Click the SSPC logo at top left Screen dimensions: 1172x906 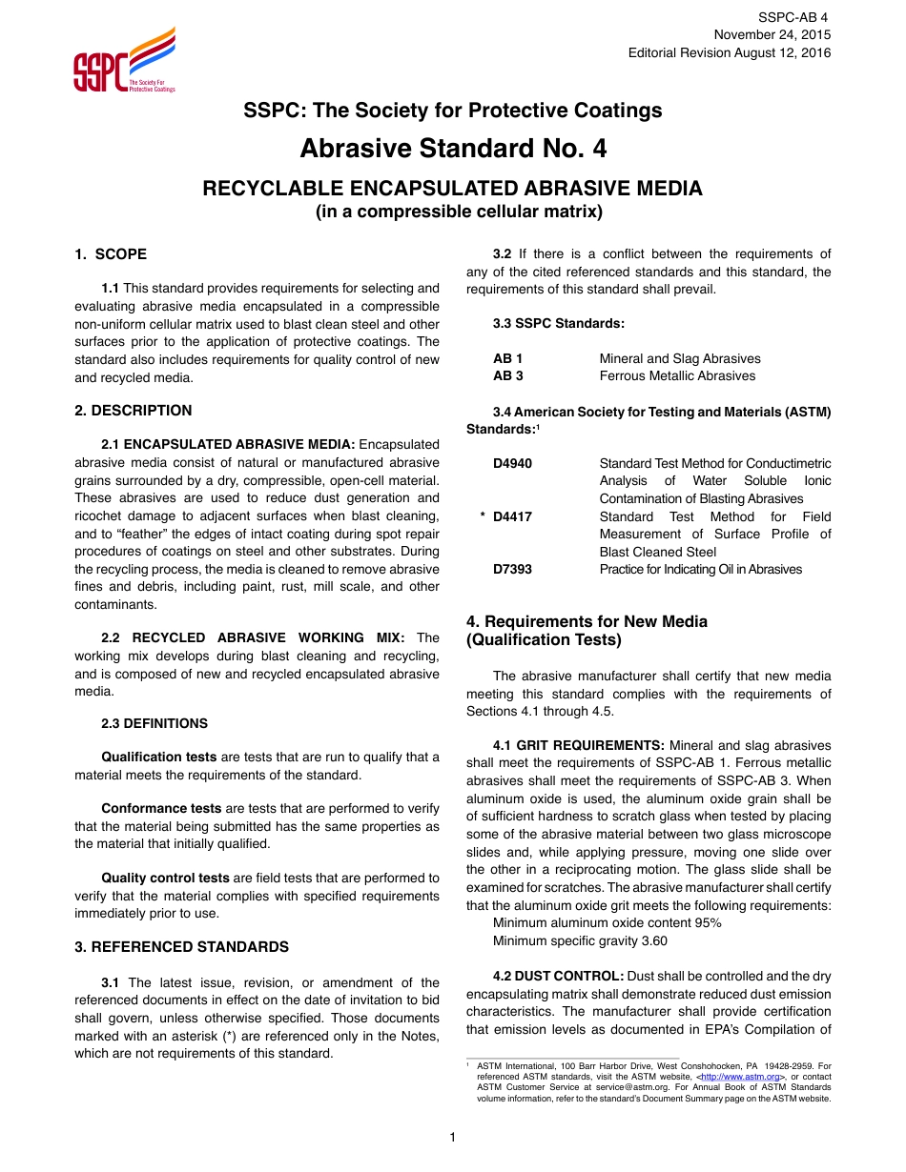click(124, 61)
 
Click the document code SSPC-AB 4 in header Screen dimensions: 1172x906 click(793, 17)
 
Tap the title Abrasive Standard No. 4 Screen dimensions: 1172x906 click(453, 150)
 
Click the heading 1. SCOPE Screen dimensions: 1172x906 click(111, 254)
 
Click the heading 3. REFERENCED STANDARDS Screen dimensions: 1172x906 click(181, 947)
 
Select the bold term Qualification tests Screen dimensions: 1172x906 click(159, 758)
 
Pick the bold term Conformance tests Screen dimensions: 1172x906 click(161, 808)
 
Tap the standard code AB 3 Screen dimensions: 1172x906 click(508, 376)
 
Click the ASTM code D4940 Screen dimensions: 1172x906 click(513, 464)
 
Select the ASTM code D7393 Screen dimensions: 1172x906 click(513, 570)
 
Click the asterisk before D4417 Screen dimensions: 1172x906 click(484, 517)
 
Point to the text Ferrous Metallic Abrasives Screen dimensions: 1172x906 click(677, 376)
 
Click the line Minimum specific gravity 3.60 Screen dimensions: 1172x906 click(580, 940)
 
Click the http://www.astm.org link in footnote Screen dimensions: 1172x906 click(739, 1077)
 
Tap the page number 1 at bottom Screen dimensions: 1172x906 click(453, 1137)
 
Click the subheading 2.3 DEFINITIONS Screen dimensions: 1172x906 click(154, 723)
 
